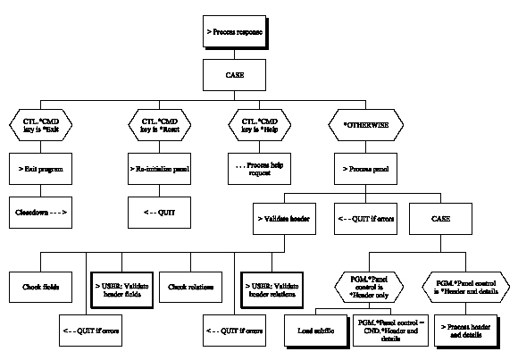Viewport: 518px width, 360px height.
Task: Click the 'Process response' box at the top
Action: point(235,32)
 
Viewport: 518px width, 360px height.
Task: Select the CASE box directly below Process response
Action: point(235,74)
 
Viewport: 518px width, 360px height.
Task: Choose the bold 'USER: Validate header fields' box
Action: point(121,288)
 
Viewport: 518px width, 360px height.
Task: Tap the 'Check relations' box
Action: point(192,288)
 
